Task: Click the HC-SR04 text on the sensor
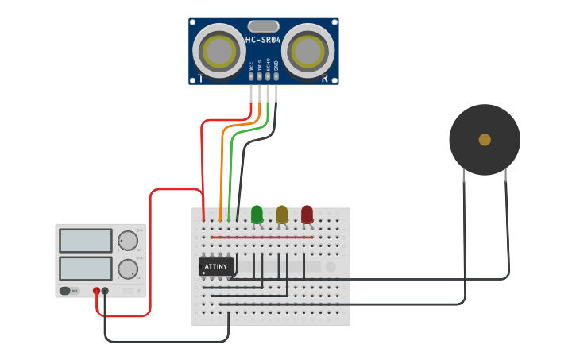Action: [263, 40]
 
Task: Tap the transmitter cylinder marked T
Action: [219, 50]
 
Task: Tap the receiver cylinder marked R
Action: [307, 50]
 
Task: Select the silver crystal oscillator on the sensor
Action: [263, 26]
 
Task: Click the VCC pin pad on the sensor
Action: [251, 76]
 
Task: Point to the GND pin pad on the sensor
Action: [276, 76]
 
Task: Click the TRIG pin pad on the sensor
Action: [259, 76]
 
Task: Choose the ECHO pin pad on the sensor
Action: [268, 76]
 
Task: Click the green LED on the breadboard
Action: [257, 214]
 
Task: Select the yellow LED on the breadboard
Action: [282, 214]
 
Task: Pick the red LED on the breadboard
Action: [307, 214]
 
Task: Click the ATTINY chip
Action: [216, 266]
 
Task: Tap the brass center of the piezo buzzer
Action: [485, 140]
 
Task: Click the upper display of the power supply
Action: [86, 240]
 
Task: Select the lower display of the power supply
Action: [86, 268]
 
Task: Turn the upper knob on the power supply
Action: [128, 241]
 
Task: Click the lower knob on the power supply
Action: [128, 269]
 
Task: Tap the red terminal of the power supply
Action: [96, 291]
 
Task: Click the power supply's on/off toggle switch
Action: [70, 291]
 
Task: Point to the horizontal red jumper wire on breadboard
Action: [262, 237]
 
